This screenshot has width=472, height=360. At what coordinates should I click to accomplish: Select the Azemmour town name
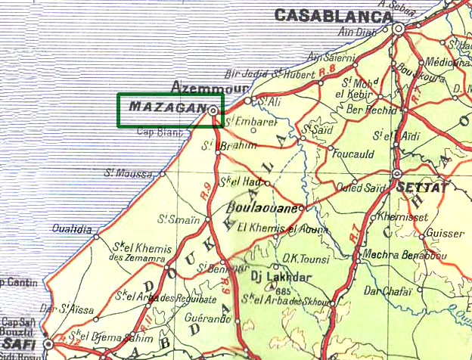pyautogui.click(x=205, y=86)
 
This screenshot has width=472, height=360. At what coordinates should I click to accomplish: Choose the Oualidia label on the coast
pyautogui.click(x=73, y=228)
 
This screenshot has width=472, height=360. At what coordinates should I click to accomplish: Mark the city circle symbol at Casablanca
pyautogui.click(x=398, y=28)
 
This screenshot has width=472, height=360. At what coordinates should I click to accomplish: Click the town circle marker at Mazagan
pyautogui.click(x=213, y=111)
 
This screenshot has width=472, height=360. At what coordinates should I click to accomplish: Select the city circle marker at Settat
pyautogui.click(x=397, y=174)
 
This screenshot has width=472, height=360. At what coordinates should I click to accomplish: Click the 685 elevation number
pyautogui.click(x=284, y=290)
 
